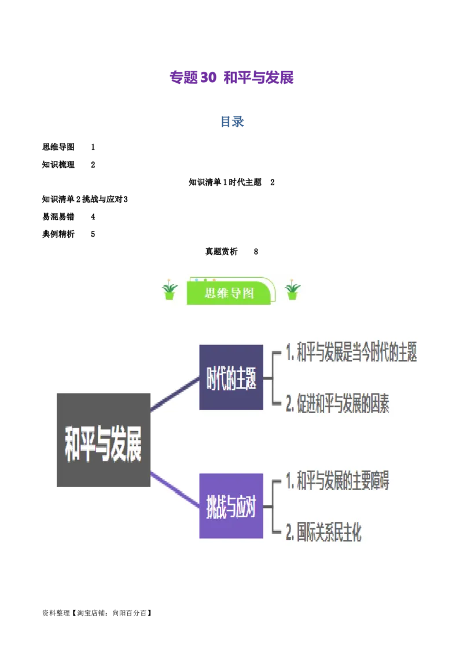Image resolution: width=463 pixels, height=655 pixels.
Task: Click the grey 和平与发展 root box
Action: coord(104,440)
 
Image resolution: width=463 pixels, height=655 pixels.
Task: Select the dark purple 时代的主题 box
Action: coord(231,377)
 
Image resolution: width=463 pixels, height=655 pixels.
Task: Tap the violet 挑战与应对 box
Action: coord(231,506)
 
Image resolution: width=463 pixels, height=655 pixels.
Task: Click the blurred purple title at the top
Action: coord(231,78)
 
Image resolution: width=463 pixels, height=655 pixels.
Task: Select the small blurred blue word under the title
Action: coord(231,122)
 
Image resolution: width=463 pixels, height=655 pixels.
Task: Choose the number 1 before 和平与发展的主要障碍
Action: coord(290,481)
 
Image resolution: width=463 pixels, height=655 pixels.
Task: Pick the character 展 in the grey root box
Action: coord(133,446)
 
